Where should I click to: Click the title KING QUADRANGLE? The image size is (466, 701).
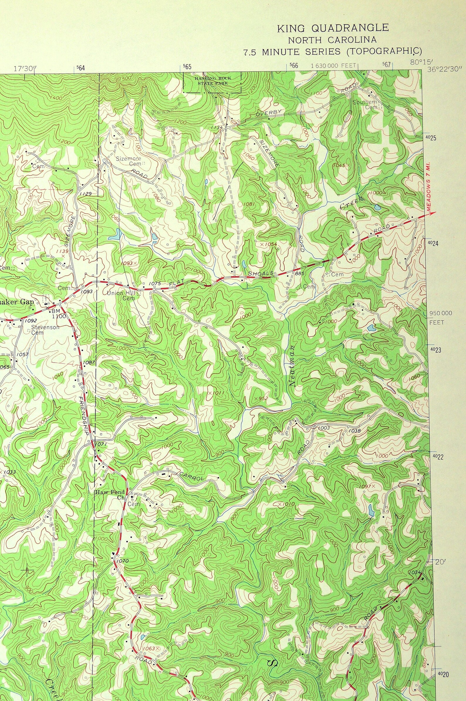click(x=332, y=28)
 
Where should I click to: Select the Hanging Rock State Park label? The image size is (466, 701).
click(x=213, y=80)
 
